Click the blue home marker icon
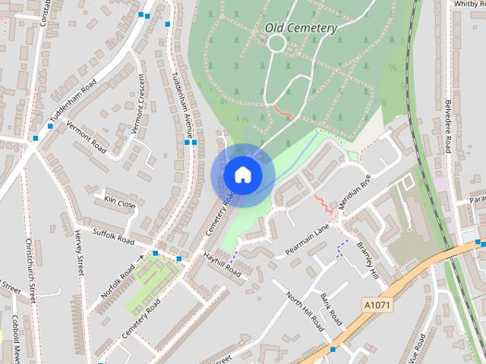point(242,174)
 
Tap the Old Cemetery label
point(301,28)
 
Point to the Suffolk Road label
point(113,236)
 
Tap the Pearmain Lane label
point(308,239)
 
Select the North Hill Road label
point(305,311)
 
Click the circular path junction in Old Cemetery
point(276,43)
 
